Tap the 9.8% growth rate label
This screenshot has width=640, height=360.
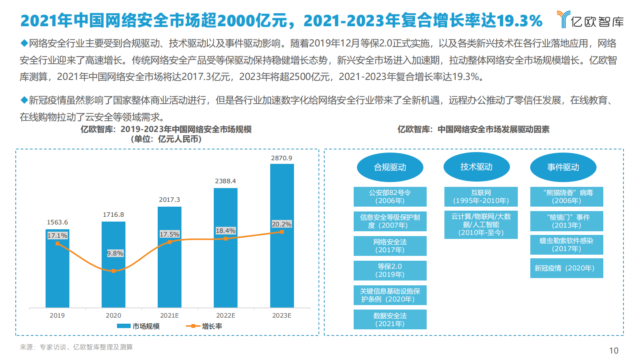[x=115, y=253]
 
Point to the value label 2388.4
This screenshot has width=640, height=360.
[x=225, y=181]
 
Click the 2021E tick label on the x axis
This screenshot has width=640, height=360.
[x=169, y=316]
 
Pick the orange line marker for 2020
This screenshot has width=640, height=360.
[x=113, y=271]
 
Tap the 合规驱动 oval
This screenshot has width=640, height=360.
[x=390, y=167]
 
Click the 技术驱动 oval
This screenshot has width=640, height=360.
[x=476, y=167]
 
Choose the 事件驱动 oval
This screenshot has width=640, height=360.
[x=563, y=167]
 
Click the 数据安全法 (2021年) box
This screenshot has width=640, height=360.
[x=390, y=320]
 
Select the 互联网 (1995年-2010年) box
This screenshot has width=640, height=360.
[x=481, y=197]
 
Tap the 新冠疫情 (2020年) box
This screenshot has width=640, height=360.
[x=566, y=268]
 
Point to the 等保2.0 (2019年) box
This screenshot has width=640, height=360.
[x=390, y=270]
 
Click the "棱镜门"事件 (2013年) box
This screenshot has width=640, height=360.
[x=566, y=221]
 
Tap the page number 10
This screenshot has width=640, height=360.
[x=613, y=351]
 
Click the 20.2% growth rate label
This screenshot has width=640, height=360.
[x=281, y=224]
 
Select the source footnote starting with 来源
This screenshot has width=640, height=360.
[x=76, y=347]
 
